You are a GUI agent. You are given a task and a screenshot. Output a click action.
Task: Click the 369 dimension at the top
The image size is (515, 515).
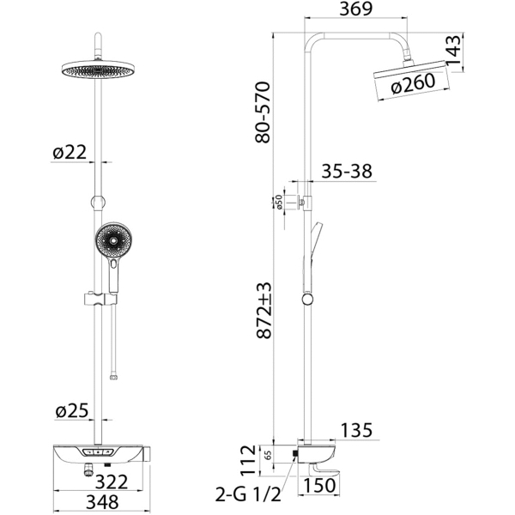click(x=355, y=9)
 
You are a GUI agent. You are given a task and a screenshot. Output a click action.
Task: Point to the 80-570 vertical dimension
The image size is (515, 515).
click(x=263, y=112)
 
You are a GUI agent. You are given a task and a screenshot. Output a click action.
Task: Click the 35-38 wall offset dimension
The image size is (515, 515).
click(x=347, y=171)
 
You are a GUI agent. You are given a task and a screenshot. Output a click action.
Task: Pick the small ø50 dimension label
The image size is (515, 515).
click(x=278, y=202)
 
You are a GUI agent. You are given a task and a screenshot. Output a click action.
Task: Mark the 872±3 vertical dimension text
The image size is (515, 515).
click(x=264, y=310)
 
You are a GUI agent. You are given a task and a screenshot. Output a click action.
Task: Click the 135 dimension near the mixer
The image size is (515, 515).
click(x=357, y=430)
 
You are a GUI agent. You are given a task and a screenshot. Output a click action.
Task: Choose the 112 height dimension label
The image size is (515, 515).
click(x=248, y=460)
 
